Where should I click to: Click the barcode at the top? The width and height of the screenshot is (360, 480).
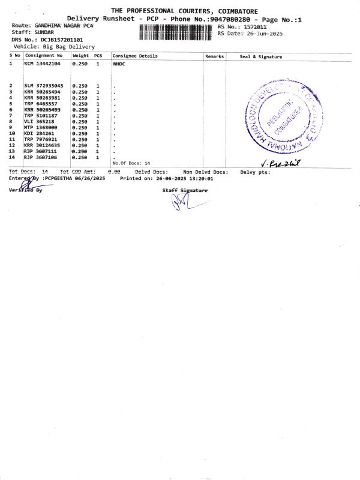pyautogui.click(x=176, y=32)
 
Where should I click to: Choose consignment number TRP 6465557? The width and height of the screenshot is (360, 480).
pyautogui.click(x=41, y=104)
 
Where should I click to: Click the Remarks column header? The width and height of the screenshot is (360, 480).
pyautogui.click(x=214, y=56)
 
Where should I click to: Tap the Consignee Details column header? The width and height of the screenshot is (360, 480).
pyautogui.click(x=135, y=56)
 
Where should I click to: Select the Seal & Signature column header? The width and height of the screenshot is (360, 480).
pyautogui.click(x=261, y=57)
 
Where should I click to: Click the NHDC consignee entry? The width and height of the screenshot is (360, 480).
pyautogui.click(x=119, y=63)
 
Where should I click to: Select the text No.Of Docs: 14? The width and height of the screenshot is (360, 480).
pyautogui.click(x=131, y=163)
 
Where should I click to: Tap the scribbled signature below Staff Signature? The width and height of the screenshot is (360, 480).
pyautogui.click(x=181, y=202)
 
